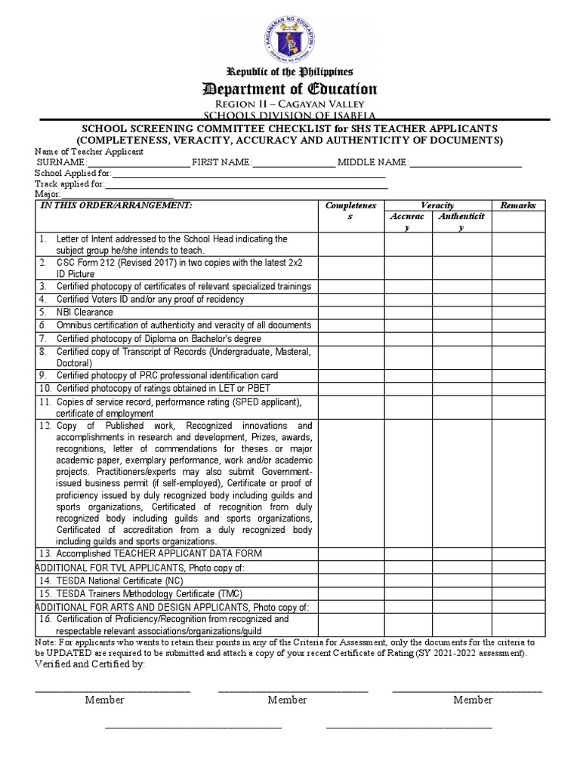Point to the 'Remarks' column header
517,205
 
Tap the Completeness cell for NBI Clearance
351,312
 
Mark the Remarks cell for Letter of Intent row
517,245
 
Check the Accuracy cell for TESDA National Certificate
409,581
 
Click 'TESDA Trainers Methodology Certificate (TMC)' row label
140,594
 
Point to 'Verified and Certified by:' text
90,664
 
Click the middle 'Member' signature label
287,700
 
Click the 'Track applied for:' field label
69,183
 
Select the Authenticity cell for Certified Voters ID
461,299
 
